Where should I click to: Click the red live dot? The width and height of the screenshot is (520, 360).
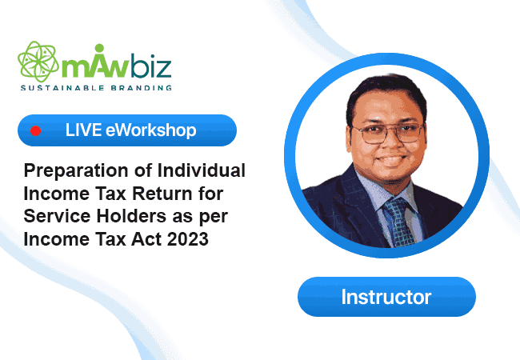(35, 131)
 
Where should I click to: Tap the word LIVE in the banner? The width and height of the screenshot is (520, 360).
(83, 130)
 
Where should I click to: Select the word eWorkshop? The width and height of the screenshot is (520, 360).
(151, 130)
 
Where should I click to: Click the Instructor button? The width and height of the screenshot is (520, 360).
(386, 297)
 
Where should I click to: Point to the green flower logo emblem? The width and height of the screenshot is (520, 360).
(38, 62)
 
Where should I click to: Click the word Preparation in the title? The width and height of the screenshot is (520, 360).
(76, 171)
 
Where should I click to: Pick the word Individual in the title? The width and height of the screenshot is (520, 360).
(202, 170)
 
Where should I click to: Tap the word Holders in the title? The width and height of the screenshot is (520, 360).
(131, 216)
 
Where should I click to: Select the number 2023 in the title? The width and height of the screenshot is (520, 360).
(188, 239)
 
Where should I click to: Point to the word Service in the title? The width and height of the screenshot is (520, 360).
(57, 216)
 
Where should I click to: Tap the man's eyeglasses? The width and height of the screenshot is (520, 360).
(388, 133)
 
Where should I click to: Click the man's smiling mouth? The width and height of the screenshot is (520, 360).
(391, 160)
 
